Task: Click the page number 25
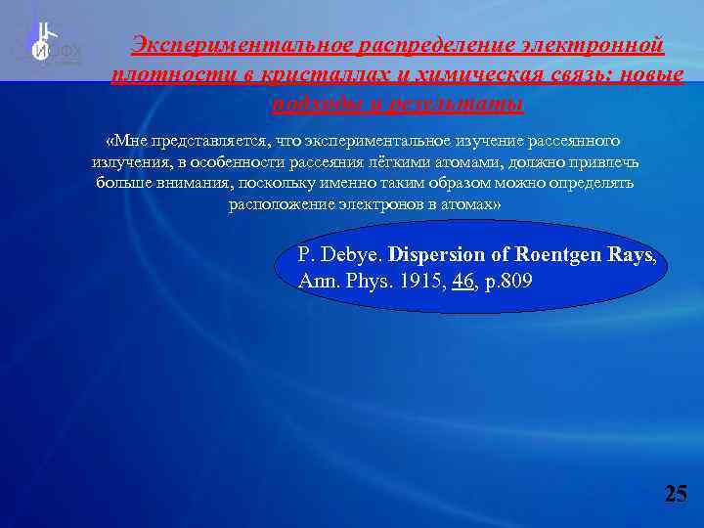676,493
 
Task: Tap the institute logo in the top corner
49,44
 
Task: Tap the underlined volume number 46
462,281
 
